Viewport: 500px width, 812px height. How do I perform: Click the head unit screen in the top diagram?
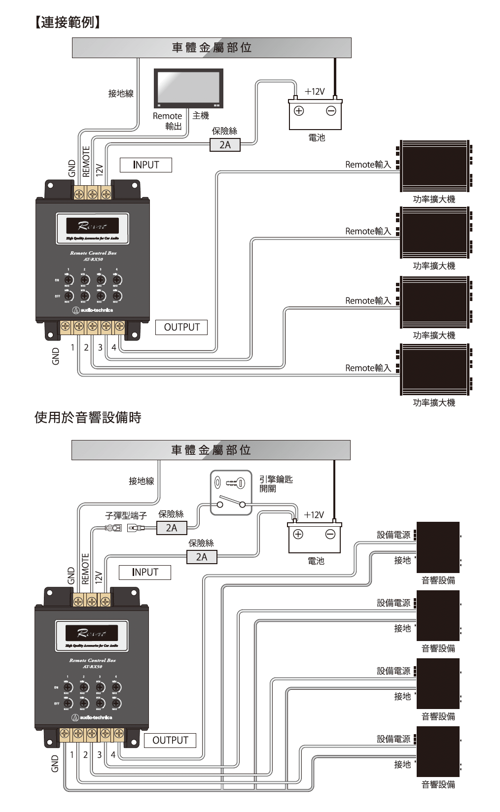click(188, 87)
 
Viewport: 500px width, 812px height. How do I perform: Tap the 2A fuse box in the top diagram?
click(225, 145)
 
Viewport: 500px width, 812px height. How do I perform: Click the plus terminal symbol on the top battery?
click(299, 111)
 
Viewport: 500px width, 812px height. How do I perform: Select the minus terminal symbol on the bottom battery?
click(330, 534)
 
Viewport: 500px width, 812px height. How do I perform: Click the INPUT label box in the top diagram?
click(146, 165)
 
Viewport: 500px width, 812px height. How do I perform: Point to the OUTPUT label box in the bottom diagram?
click(170, 740)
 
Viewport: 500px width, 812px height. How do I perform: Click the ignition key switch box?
click(231, 493)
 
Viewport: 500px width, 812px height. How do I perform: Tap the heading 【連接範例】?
click(68, 22)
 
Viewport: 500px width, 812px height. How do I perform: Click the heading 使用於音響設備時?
click(88, 417)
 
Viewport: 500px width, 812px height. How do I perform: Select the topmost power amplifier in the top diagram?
click(434, 166)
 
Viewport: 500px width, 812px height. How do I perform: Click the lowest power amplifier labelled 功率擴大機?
click(434, 370)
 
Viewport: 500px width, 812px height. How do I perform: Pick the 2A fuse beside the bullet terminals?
click(171, 528)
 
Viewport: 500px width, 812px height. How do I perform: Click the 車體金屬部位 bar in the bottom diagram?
click(211, 450)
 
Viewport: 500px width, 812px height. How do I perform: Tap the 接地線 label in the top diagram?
click(121, 93)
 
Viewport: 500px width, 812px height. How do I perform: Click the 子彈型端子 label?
click(126, 515)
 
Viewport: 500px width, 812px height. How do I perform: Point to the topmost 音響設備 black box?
click(438, 547)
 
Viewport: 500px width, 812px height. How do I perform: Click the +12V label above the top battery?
click(315, 92)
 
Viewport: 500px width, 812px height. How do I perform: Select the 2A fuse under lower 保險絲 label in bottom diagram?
click(202, 557)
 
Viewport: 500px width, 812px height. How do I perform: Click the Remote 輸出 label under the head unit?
click(168, 121)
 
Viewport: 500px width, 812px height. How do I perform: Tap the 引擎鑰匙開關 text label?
click(276, 483)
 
